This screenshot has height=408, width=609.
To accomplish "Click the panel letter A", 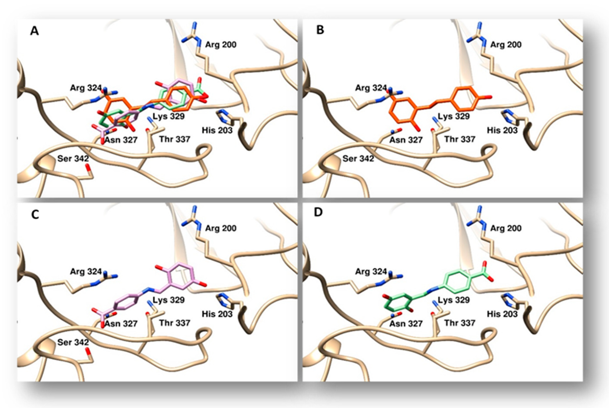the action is coord(35,31).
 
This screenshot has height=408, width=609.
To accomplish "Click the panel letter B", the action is coord(320,30).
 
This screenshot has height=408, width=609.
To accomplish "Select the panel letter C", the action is coord(35,215).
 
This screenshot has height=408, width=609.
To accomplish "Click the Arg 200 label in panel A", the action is coord(221,45).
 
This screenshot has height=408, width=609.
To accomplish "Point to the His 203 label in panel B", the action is coord(502,130).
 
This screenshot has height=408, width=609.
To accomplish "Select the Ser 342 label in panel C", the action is coord(73,342).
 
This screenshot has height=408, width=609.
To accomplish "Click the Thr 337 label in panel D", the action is coord(460,323).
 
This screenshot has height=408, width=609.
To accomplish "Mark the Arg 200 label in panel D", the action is coord(506,228).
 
